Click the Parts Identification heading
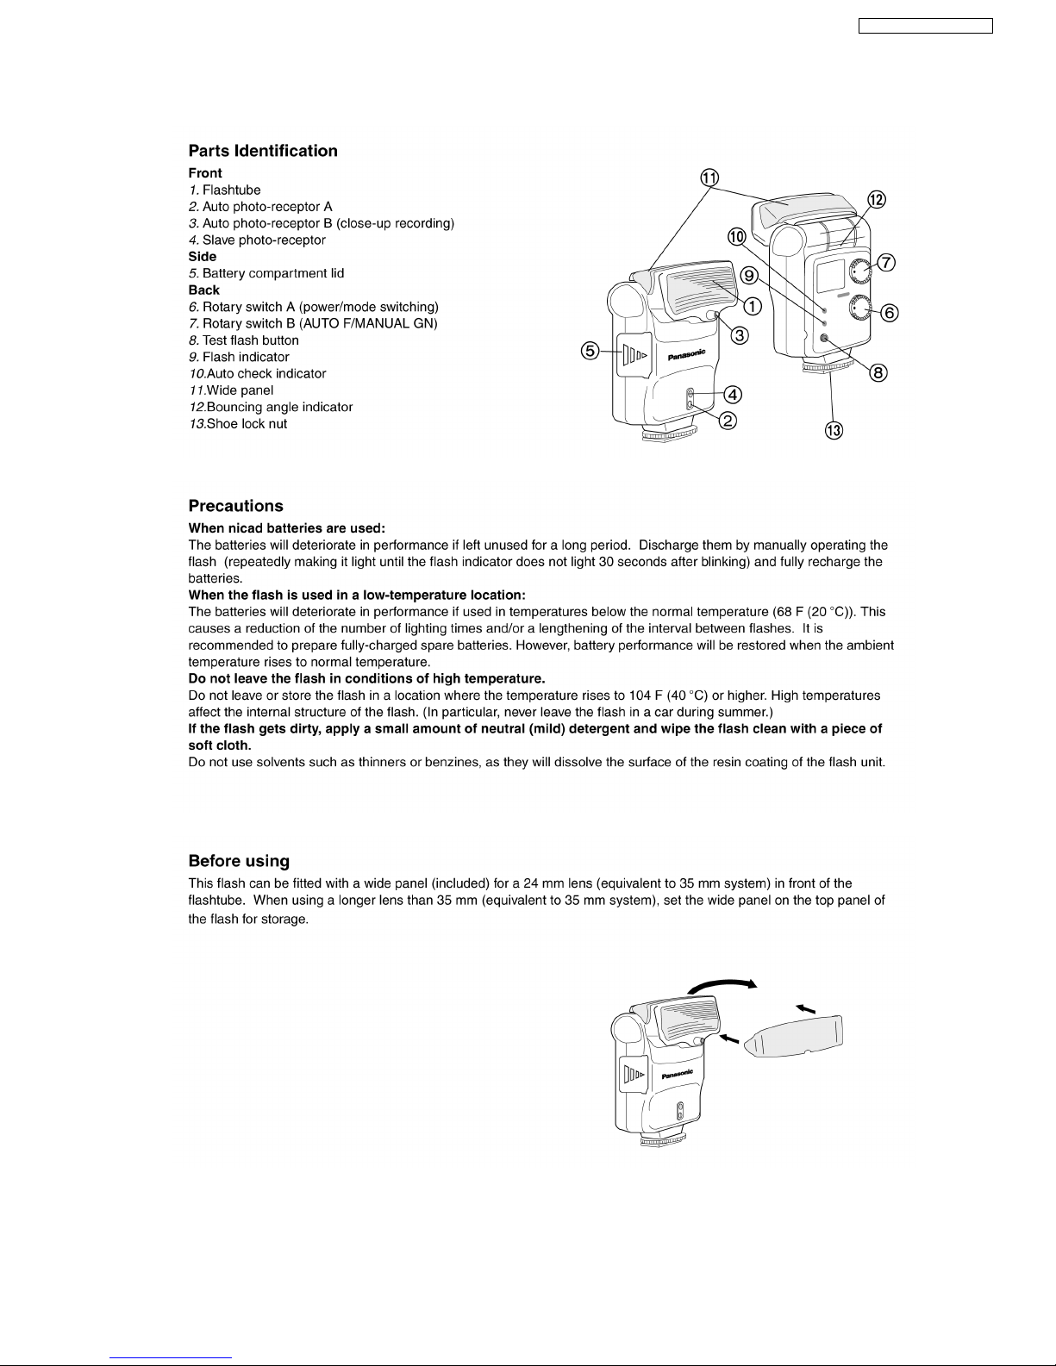(x=263, y=151)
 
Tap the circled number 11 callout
(x=709, y=178)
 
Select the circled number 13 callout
(x=834, y=431)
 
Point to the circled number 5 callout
(x=590, y=351)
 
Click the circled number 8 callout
(x=878, y=373)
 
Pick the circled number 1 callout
(x=753, y=307)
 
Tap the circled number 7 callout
(x=885, y=262)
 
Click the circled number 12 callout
(x=877, y=200)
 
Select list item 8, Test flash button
(x=244, y=340)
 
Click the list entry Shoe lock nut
(x=238, y=424)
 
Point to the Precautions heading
(x=235, y=506)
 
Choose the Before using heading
(x=239, y=861)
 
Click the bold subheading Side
(x=203, y=257)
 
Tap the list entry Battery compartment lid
(x=266, y=273)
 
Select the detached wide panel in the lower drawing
(x=793, y=1035)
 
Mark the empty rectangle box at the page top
(x=925, y=26)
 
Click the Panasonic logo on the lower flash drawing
(x=677, y=1074)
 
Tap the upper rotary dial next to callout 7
(x=860, y=271)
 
